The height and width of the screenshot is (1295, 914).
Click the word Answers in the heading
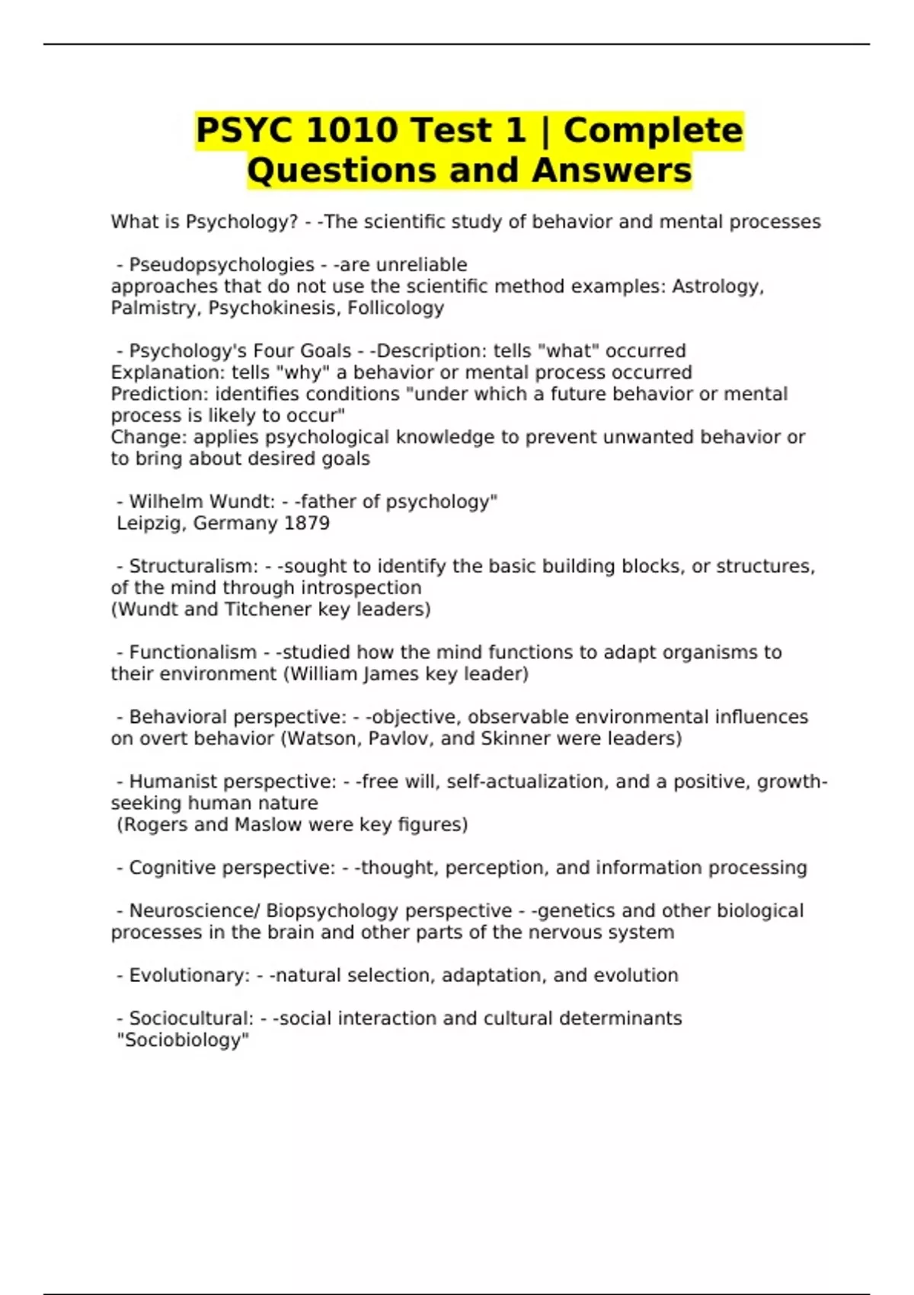tap(612, 171)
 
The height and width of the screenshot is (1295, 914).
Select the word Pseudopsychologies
tap(222, 265)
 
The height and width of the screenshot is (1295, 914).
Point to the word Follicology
tap(395, 308)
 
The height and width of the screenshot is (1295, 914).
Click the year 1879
tap(306, 523)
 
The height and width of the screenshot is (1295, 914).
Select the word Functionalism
tap(193, 653)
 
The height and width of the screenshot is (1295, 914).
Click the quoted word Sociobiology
tap(183, 1041)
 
